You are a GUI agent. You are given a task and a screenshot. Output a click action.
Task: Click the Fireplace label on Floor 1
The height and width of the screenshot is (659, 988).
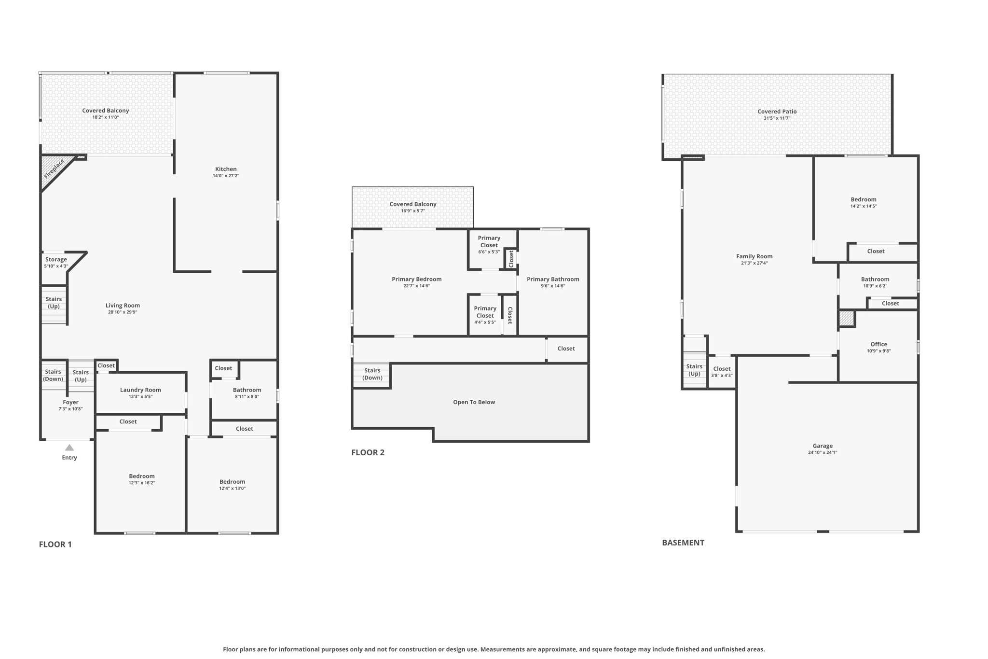(x=54, y=168)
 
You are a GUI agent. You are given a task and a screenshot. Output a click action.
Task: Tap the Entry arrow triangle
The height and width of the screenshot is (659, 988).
(x=69, y=448)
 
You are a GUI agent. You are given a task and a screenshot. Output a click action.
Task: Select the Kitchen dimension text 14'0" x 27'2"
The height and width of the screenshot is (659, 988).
(x=226, y=176)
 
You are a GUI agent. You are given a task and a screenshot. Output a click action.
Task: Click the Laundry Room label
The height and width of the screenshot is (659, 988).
(x=140, y=390)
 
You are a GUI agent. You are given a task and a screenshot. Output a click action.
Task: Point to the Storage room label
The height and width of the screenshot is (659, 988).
(x=56, y=259)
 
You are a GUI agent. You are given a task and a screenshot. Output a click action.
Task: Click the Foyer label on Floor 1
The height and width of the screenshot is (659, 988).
(x=70, y=402)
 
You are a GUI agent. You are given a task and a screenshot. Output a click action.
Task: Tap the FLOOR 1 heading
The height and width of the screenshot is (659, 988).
(x=55, y=544)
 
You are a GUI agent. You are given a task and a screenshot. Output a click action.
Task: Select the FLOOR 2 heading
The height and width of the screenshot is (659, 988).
(x=368, y=452)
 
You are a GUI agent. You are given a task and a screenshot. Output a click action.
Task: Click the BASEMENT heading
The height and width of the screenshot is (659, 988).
(x=683, y=543)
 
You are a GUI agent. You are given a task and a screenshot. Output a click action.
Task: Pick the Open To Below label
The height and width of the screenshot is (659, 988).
(x=474, y=402)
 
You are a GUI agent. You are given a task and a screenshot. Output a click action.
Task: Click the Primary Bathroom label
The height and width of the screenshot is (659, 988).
(x=553, y=279)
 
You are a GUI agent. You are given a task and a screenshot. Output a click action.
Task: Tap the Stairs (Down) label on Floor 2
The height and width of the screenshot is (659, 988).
(x=372, y=374)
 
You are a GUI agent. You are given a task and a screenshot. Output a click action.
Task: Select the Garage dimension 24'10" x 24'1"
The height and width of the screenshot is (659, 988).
(x=823, y=452)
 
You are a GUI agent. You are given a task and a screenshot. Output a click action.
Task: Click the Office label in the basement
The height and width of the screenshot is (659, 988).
(x=878, y=344)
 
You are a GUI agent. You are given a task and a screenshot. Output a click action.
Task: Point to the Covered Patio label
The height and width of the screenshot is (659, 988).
(x=777, y=112)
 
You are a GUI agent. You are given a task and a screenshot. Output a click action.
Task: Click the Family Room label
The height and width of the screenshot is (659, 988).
(x=754, y=256)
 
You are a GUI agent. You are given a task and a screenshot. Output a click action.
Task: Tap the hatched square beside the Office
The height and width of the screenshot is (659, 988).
(x=846, y=319)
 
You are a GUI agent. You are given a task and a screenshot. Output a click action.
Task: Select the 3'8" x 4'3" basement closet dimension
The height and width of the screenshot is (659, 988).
(x=722, y=375)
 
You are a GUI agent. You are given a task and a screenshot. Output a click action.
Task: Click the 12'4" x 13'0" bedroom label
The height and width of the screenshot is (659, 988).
(x=233, y=481)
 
